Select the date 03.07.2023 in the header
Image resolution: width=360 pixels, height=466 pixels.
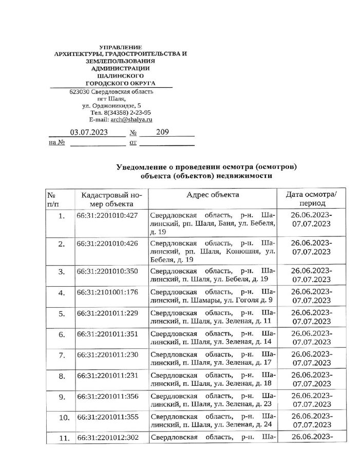[x=89, y=132]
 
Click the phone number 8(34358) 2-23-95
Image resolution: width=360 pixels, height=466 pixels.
[x=127, y=112]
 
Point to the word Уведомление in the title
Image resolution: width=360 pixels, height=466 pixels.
[x=141, y=167]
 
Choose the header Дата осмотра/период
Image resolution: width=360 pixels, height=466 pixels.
[x=311, y=199]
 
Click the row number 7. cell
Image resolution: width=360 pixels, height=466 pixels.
[x=62, y=356]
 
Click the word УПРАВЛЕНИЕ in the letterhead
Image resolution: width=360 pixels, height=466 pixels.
[x=119, y=47]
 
